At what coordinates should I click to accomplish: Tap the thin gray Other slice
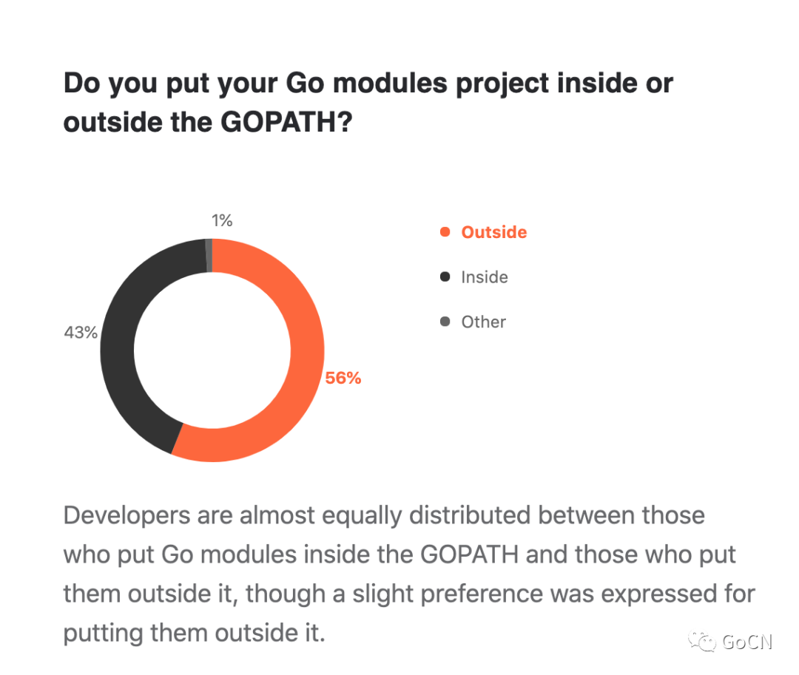point(209,255)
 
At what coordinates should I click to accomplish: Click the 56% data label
point(343,378)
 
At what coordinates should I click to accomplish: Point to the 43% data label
point(81,333)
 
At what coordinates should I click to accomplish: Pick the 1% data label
point(222,220)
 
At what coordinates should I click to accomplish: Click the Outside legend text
point(493,232)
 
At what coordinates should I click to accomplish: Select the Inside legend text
point(485,277)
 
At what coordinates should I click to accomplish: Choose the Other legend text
point(484,322)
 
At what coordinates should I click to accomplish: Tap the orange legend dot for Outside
point(445,232)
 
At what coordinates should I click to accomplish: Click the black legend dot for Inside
point(445,277)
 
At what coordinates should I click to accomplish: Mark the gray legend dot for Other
point(445,322)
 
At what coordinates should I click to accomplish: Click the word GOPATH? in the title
point(286,122)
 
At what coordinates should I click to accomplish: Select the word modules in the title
point(391,83)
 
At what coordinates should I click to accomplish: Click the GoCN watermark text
point(747,642)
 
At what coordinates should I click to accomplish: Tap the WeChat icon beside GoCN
point(702,641)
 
